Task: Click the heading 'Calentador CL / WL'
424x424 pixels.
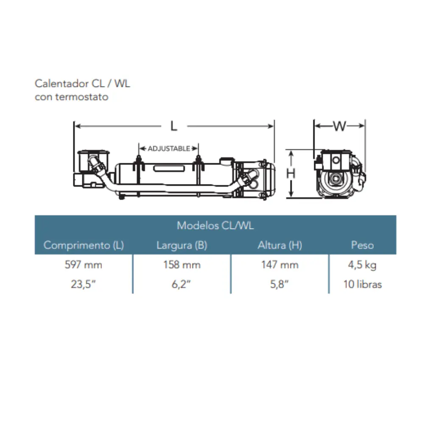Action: click(x=83, y=84)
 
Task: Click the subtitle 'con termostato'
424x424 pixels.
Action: click(x=72, y=97)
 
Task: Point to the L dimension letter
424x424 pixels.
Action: click(x=173, y=126)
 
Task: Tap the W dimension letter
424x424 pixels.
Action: click(x=340, y=126)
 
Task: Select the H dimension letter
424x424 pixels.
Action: click(x=291, y=173)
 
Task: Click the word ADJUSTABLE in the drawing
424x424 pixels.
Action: click(x=169, y=148)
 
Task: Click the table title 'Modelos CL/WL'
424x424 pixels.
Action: click(x=215, y=225)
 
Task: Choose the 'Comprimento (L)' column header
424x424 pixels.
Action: click(x=84, y=245)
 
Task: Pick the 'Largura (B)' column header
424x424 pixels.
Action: click(x=182, y=245)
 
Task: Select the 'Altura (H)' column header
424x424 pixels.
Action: click(x=280, y=245)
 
